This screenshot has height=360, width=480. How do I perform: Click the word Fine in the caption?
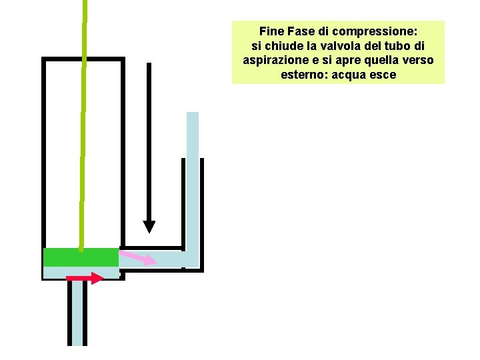(271, 31)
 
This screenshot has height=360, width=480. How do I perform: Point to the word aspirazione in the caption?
(273, 61)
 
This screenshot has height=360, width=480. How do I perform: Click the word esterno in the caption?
(305, 75)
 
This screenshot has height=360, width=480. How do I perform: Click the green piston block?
(81, 257)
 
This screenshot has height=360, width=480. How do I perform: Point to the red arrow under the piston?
(85, 277)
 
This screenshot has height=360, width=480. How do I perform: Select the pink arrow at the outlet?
(137, 257)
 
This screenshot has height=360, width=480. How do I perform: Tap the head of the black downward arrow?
(149, 226)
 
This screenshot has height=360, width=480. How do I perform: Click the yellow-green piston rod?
(83, 133)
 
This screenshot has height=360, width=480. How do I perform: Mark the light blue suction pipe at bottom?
(77, 313)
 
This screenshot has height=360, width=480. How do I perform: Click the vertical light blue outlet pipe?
(193, 180)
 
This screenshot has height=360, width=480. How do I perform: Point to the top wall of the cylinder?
(83, 59)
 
